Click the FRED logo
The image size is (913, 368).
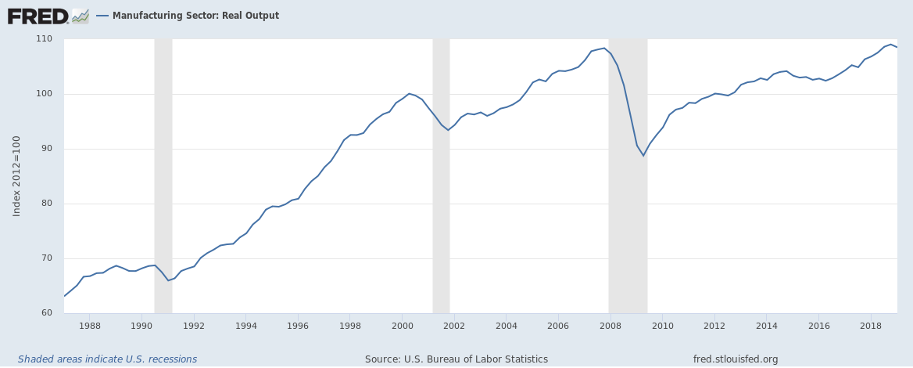pyautogui.click(x=37, y=15)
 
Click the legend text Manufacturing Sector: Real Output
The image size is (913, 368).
pyautogui.click(x=195, y=16)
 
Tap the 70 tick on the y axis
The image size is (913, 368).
pyautogui.click(x=46, y=258)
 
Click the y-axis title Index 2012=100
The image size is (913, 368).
pyautogui.click(x=16, y=176)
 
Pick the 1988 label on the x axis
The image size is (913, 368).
pyautogui.click(x=90, y=325)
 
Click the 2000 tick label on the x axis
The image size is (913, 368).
pyautogui.click(x=402, y=325)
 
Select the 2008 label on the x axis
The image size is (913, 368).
pyautogui.click(x=610, y=325)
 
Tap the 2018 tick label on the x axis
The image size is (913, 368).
pyautogui.click(x=870, y=325)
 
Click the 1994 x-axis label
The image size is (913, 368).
pyautogui.click(x=245, y=325)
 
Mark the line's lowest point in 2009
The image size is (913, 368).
pyautogui.click(x=643, y=156)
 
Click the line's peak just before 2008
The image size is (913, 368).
pyautogui.click(x=603, y=48)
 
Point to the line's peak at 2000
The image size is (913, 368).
pyautogui.click(x=408, y=93)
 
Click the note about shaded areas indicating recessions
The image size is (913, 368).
pyautogui.click(x=107, y=359)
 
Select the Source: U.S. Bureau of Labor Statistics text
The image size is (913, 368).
pyautogui.click(x=456, y=359)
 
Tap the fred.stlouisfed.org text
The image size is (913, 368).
pyautogui.click(x=736, y=359)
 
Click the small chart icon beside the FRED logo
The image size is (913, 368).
pyautogui.click(x=81, y=16)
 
